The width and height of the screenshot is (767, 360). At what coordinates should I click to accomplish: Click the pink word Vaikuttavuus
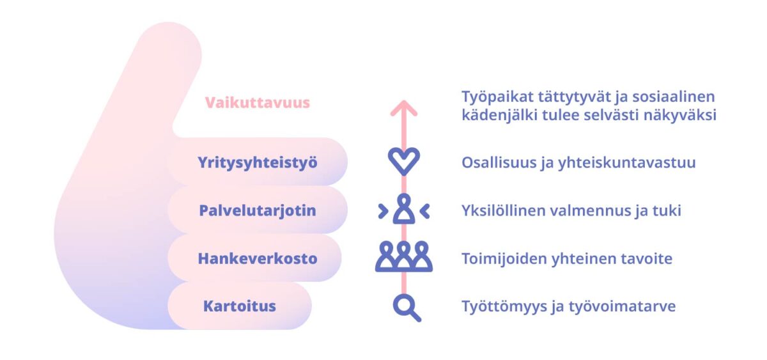(257, 102)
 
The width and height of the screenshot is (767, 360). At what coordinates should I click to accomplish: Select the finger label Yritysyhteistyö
(258, 162)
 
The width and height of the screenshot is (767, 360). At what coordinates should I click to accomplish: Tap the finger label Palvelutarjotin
(258, 210)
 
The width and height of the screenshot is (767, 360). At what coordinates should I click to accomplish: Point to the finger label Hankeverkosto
(258, 258)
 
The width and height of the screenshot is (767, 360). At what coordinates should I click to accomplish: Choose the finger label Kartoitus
(239, 306)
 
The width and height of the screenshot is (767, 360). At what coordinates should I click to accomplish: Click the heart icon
(404, 161)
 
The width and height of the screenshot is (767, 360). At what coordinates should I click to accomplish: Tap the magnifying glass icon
(407, 308)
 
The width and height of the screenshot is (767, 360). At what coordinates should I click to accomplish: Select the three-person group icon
(404, 256)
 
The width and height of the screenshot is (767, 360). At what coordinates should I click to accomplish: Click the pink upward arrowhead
(404, 107)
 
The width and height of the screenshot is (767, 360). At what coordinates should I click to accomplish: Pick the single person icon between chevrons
(404, 209)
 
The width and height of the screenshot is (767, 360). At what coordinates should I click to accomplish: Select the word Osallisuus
(498, 162)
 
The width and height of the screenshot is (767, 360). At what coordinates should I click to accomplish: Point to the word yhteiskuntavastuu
(626, 162)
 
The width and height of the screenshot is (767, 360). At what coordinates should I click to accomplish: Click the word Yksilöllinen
(504, 210)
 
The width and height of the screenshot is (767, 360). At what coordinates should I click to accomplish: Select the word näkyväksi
(680, 115)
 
